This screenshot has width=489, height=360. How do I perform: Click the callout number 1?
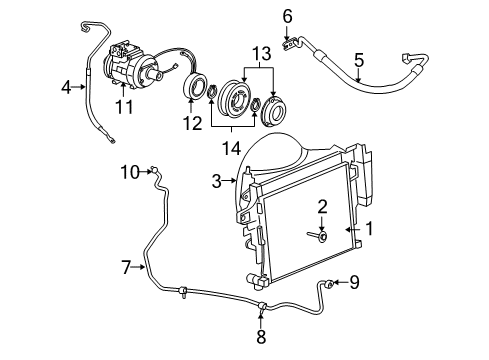tap(369, 229)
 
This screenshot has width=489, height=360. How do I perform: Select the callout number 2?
tap(323, 206)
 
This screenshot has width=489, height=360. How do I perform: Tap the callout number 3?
tap(215, 181)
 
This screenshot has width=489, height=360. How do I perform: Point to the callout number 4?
tap(66, 87)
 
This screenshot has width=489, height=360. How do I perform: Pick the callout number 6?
tap(287, 15)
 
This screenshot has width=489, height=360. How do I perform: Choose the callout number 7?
tap(127, 267)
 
